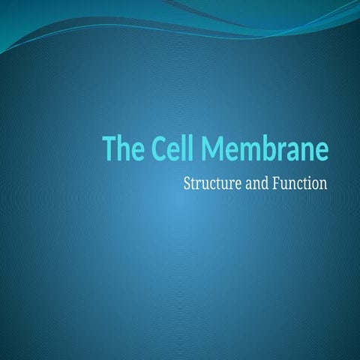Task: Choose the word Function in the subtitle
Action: pyautogui.click(x=300, y=182)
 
